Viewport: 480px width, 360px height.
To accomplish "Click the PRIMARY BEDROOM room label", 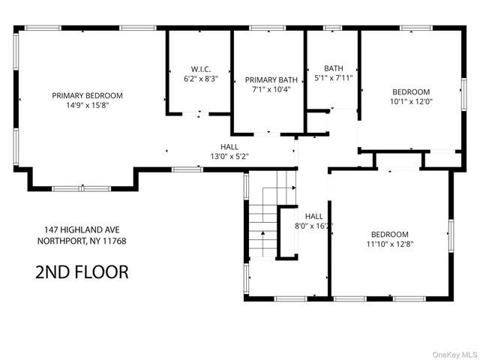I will (87, 95).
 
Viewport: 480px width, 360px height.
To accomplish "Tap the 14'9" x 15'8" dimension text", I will (87, 105).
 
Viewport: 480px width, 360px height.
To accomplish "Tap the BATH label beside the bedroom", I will (334, 68).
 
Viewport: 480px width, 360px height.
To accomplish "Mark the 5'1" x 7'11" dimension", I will (334, 78).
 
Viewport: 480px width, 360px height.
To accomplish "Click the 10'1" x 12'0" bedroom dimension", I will (411, 101).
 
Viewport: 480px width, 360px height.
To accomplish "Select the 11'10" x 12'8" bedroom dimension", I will (389, 243).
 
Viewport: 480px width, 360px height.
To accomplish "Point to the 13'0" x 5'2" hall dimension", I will (229, 157).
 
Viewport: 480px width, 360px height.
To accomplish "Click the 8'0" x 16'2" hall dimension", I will (313, 226).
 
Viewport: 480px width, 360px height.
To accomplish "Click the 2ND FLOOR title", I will (82, 271).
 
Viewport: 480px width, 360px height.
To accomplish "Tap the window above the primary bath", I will (262, 28).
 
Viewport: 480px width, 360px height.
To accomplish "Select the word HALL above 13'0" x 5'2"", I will (229, 147).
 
